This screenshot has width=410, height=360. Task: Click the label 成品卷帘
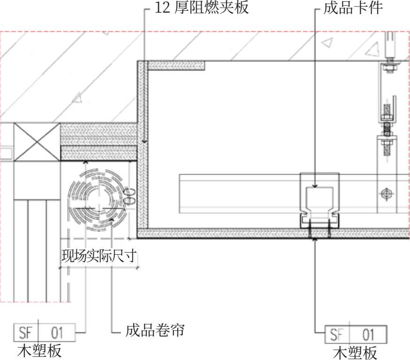click(154, 331)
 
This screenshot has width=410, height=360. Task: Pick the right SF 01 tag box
click(356, 335)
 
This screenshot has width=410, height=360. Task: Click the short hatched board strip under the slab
click(175, 66)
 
